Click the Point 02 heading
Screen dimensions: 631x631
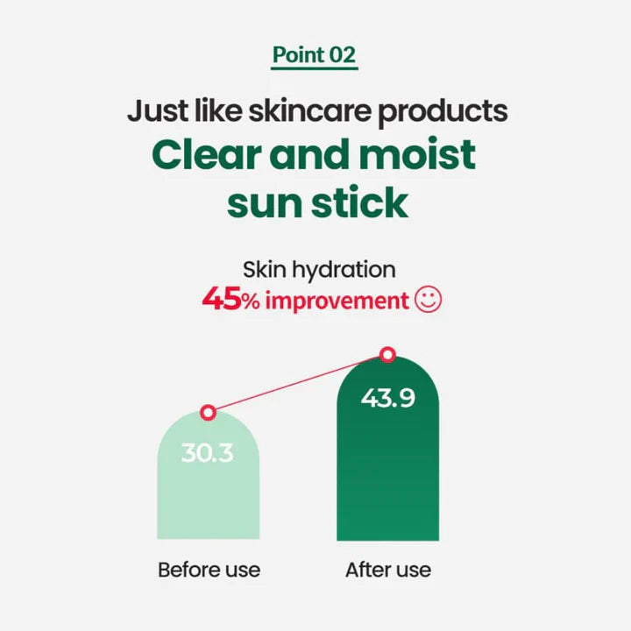pos(315,54)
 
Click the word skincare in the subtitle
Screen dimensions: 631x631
pos(301,112)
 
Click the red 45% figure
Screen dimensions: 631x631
pos(230,301)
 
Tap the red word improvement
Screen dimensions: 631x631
pos(337,301)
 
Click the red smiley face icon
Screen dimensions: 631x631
pos(429,301)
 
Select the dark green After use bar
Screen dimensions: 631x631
pos(388,473)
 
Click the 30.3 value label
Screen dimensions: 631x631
pos(208,454)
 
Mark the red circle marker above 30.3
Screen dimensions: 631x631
pos(208,412)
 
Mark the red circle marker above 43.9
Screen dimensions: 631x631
pos(388,355)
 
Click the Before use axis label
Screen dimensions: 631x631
pos(209,570)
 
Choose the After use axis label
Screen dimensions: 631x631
pos(388,570)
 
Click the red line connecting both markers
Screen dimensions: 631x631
pos(298,384)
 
